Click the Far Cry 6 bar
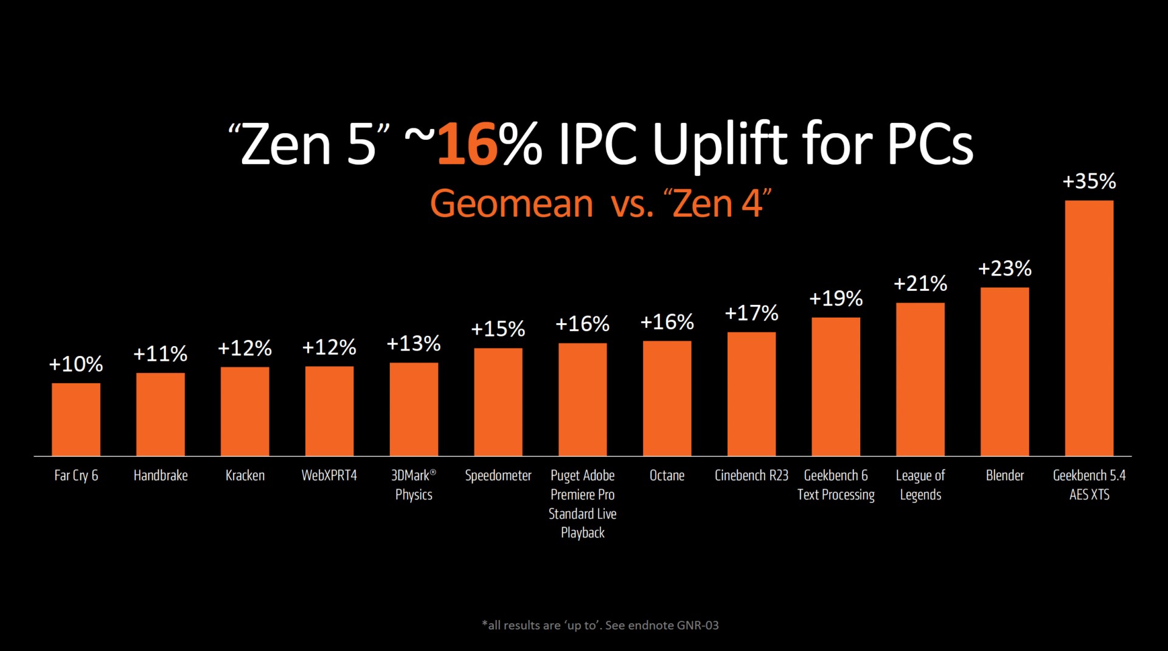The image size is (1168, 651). click(x=76, y=419)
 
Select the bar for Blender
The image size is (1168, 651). click(x=1004, y=372)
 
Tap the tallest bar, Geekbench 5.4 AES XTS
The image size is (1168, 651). click(x=1089, y=328)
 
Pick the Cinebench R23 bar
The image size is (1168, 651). click(x=751, y=394)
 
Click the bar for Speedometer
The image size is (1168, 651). click(x=498, y=402)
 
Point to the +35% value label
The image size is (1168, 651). click(x=1089, y=181)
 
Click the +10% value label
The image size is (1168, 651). click(x=76, y=364)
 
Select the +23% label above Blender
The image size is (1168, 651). click(x=1004, y=268)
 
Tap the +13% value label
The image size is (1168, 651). click(x=414, y=344)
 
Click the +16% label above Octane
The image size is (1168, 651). click(x=667, y=322)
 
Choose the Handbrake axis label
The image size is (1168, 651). click(x=161, y=475)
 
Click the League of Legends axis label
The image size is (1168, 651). click(x=920, y=485)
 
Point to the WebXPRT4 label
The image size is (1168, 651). click(x=329, y=475)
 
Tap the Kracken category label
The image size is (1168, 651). click(x=245, y=475)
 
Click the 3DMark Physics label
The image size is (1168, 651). click(x=414, y=485)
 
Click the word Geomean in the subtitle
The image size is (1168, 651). click(x=511, y=203)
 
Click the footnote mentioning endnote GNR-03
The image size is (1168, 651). click(x=600, y=625)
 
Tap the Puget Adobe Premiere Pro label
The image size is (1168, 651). click(x=582, y=504)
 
